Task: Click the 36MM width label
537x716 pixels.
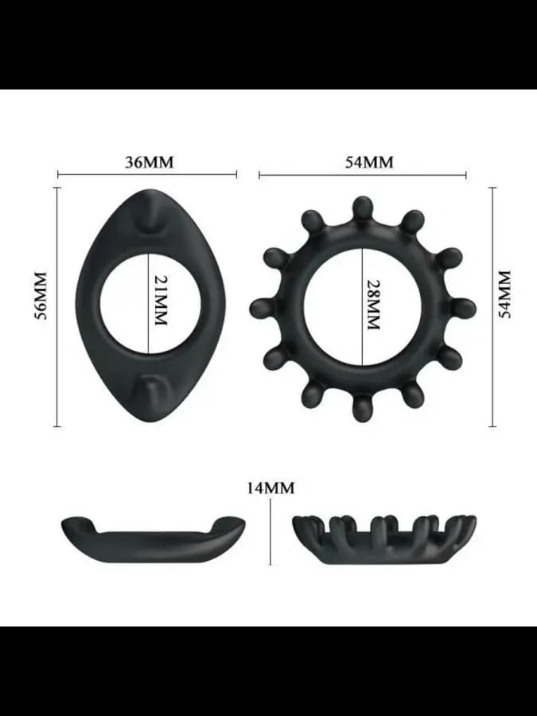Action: coord(150,162)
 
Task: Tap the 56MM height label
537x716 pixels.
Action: coord(41,295)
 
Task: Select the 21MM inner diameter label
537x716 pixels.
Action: coord(160,300)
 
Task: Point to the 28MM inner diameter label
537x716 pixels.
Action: coord(374,304)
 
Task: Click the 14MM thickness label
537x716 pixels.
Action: coord(270,488)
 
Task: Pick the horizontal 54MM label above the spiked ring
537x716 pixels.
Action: coord(369,162)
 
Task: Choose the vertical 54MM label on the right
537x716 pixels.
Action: coord(504,294)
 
